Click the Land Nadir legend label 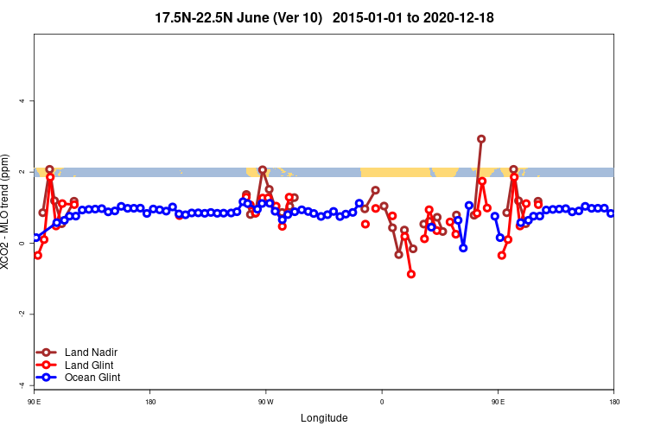tap(91, 352)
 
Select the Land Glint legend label tap(90, 365)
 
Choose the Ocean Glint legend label tap(92, 378)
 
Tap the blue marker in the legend tap(48, 378)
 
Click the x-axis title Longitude tap(324, 418)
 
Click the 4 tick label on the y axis tap(22, 101)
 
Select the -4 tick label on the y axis tap(22, 384)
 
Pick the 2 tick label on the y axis tap(22, 172)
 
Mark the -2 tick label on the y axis tap(22, 314)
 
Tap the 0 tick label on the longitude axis tap(381, 402)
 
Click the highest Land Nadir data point tap(481, 138)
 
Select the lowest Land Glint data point tap(411, 274)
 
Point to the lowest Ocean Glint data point tap(463, 248)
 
